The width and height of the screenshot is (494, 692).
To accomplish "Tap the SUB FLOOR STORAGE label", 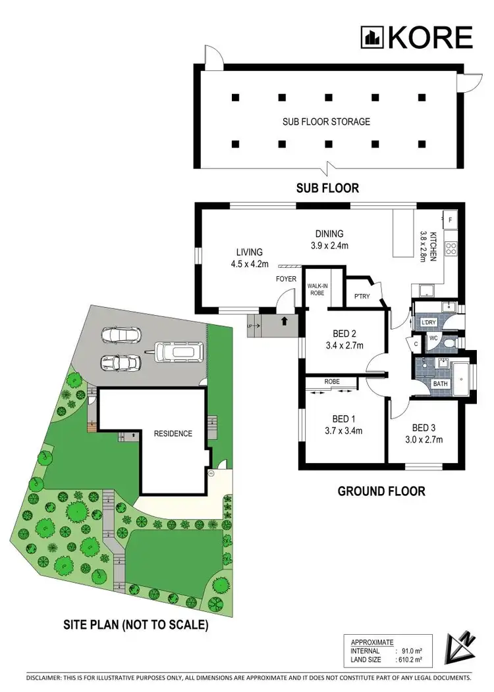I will coord(326,122).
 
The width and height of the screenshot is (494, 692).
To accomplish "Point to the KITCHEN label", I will coord(429,247).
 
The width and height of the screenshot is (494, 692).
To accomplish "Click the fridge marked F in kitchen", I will coord(451,219).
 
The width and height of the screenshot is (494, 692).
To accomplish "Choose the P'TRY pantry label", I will coord(362,297).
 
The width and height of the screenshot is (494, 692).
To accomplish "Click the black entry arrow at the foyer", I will coord(284,322).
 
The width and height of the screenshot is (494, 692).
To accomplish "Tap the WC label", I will coord(433,338).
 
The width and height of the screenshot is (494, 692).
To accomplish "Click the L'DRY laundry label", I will coord(427,322).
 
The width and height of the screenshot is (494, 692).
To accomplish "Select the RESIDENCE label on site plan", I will coord(173,433).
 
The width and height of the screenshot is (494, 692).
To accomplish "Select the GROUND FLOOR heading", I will coord(381,491).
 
